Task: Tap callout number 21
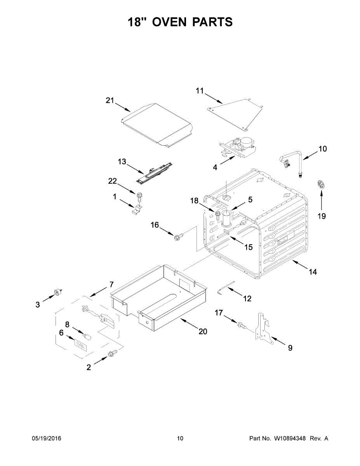[x=110, y=101]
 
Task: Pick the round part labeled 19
[x=321, y=184]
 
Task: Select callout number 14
[x=313, y=272]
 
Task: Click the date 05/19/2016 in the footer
[x=46, y=438]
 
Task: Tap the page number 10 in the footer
[x=180, y=438]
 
